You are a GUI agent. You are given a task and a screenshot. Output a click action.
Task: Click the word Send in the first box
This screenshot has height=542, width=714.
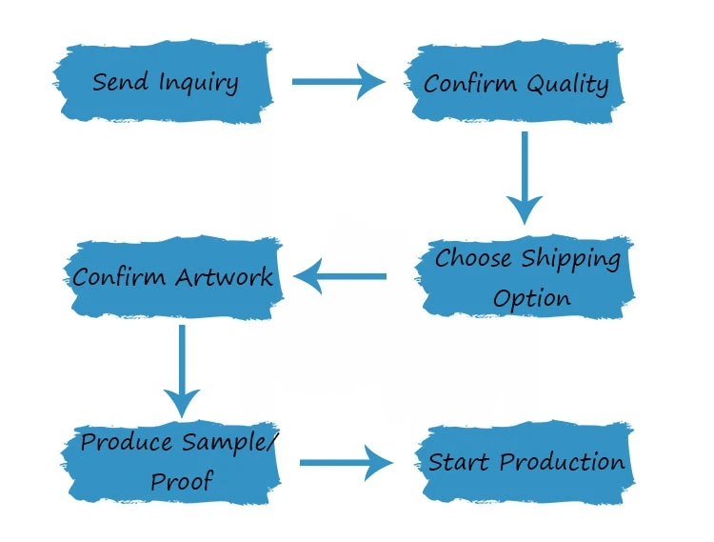[x=120, y=82]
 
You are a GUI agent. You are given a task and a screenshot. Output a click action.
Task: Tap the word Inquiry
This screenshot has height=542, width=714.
[x=198, y=83]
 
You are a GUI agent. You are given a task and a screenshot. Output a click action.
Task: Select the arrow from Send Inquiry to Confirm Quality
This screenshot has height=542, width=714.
[x=338, y=82]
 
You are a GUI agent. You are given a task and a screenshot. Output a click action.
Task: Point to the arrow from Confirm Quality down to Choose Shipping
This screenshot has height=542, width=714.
[x=525, y=177]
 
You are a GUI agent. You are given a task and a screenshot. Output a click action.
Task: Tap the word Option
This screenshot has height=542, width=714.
[x=531, y=297]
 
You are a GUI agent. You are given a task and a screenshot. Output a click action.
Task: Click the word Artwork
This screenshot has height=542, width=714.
[x=225, y=277]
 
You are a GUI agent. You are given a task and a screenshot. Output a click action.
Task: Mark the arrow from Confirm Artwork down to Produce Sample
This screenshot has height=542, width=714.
[x=181, y=368]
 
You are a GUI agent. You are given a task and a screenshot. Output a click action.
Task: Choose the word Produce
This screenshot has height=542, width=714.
[x=127, y=443]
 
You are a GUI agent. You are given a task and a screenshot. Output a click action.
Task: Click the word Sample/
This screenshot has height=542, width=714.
[x=228, y=443]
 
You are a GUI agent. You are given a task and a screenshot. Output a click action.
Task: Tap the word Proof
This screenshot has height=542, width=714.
[x=181, y=482]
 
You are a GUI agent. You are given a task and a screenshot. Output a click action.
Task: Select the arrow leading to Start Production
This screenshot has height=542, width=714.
[x=346, y=464]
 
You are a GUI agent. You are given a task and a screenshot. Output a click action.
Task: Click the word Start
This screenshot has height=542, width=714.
[x=460, y=463]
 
